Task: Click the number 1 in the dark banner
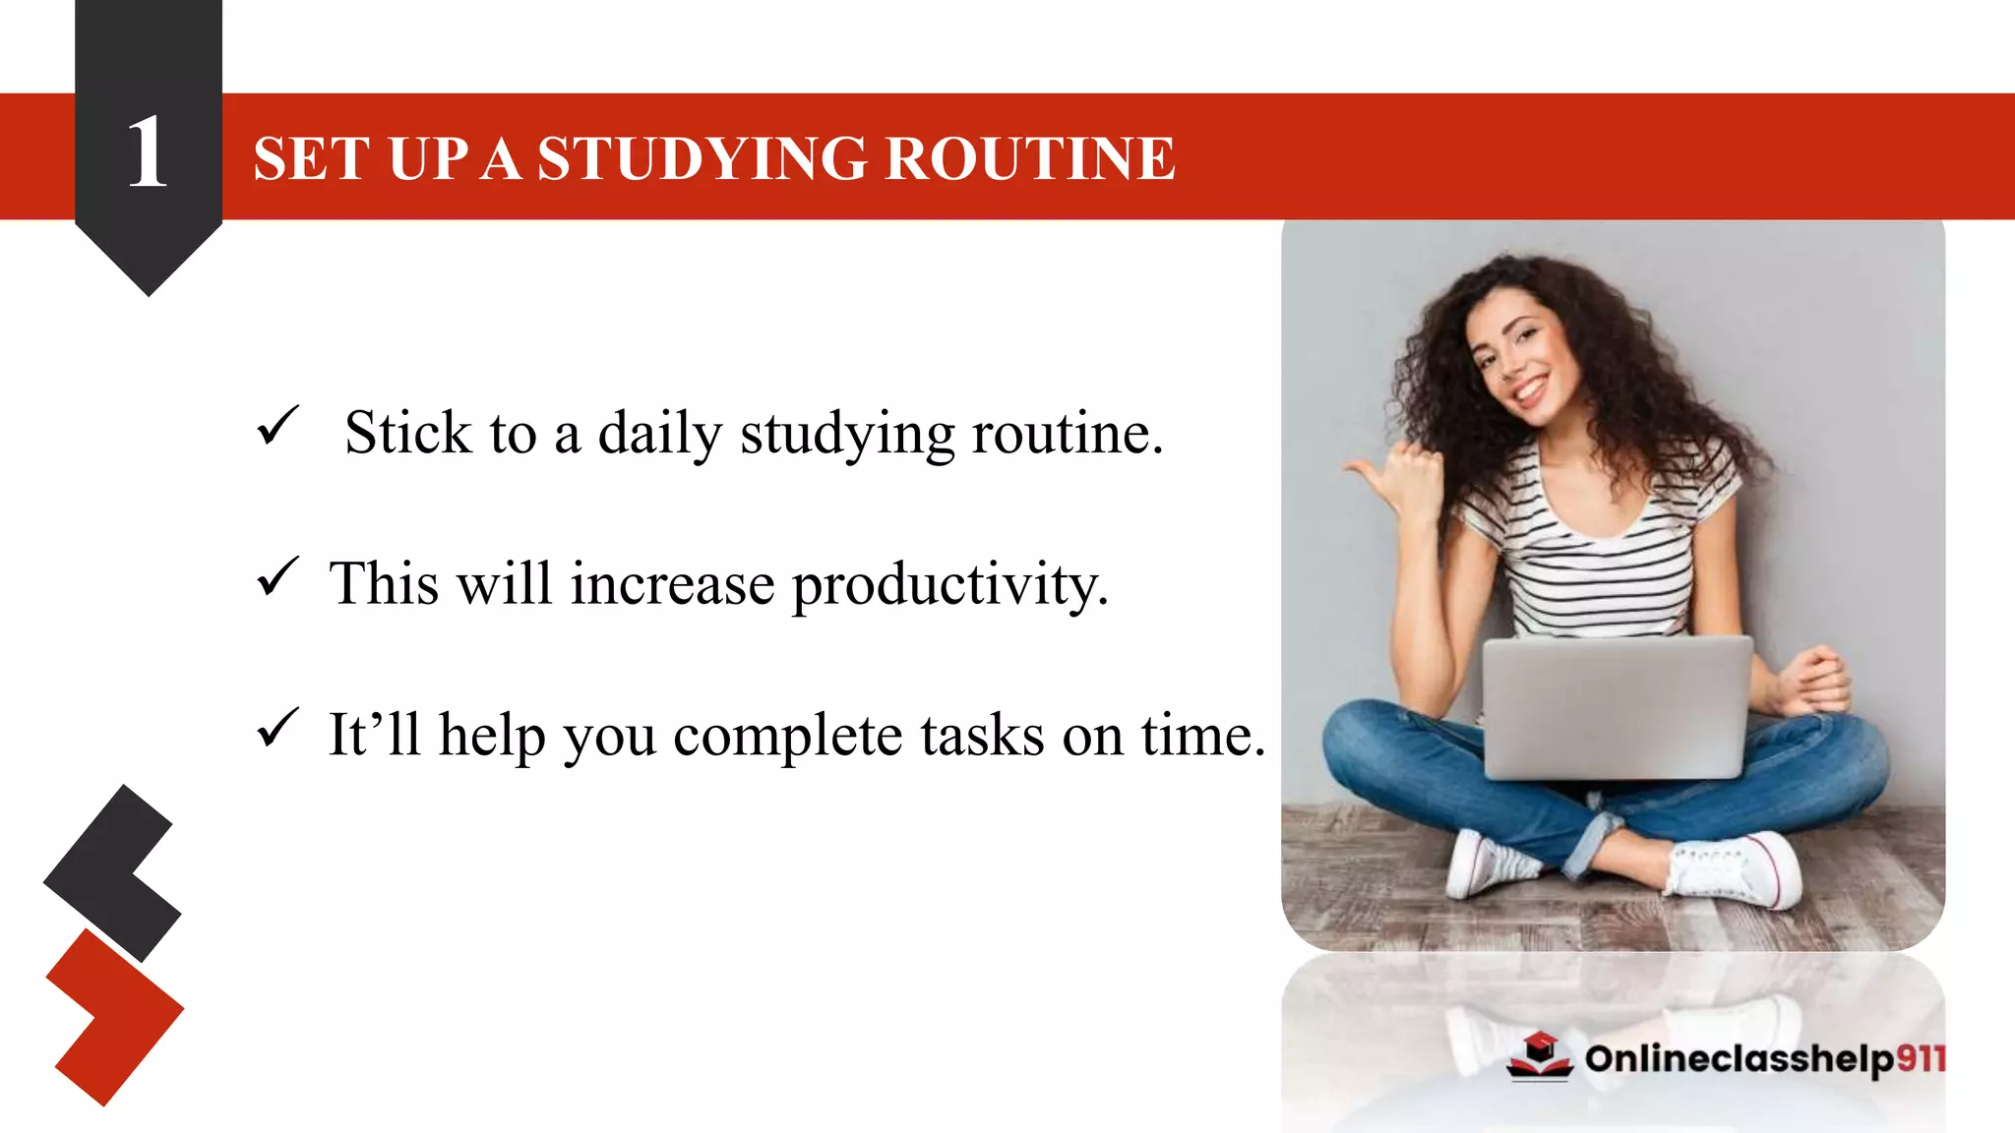[148, 152]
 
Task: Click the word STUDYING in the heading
[702, 158]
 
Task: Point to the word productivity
[949, 585]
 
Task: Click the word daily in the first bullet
[659, 434]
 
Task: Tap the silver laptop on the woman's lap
[1617, 706]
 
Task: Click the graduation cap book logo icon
[1540, 1056]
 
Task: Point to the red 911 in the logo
[1920, 1058]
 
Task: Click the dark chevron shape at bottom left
[113, 871]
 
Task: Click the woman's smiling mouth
[1530, 389]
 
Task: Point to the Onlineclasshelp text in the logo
[1740, 1059]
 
